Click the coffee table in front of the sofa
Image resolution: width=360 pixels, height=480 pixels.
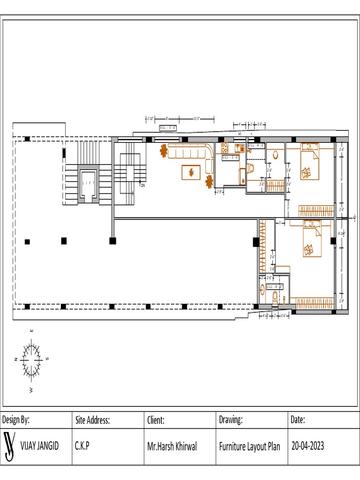click(191, 172)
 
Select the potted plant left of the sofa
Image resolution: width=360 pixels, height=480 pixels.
click(164, 151)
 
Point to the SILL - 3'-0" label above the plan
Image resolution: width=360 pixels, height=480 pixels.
click(168, 127)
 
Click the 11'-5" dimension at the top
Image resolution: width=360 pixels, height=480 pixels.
click(197, 119)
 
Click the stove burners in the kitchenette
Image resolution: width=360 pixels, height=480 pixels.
click(224, 148)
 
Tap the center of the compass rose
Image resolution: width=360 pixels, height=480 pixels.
click(32, 359)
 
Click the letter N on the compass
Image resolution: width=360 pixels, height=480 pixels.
click(16, 359)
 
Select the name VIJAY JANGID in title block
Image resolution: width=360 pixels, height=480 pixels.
click(40, 446)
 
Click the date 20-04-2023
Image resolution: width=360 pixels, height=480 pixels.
click(307, 446)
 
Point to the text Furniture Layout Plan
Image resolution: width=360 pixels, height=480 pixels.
click(249, 446)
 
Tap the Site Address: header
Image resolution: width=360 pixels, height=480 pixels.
click(92, 420)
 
